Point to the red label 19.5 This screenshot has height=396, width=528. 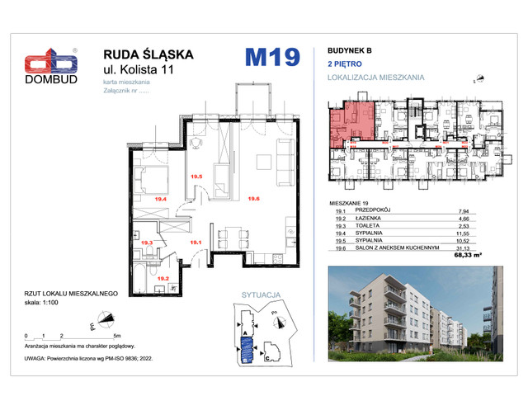[196, 177]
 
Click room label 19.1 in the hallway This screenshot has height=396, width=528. [196, 243]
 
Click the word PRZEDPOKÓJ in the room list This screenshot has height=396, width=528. [372, 211]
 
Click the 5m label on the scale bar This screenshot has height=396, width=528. [118, 337]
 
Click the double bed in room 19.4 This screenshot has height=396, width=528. [153, 178]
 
